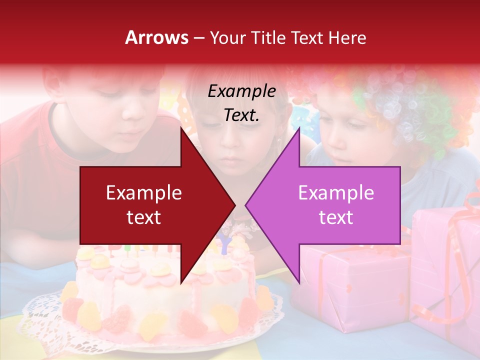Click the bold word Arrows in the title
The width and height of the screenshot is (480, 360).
click(x=157, y=37)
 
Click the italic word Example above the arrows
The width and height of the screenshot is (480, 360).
click(x=241, y=91)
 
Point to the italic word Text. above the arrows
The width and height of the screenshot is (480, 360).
click(x=241, y=115)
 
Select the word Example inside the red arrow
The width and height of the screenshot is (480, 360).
click(x=144, y=193)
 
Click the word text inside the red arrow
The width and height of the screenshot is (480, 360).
click(x=144, y=217)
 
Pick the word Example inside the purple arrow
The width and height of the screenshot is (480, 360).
click(x=336, y=193)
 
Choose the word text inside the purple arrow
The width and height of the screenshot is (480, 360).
click(x=336, y=217)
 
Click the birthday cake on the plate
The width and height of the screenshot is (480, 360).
click(x=165, y=295)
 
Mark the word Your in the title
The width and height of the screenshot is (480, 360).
click(x=226, y=37)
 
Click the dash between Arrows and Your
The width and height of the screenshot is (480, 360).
click(x=199, y=38)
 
